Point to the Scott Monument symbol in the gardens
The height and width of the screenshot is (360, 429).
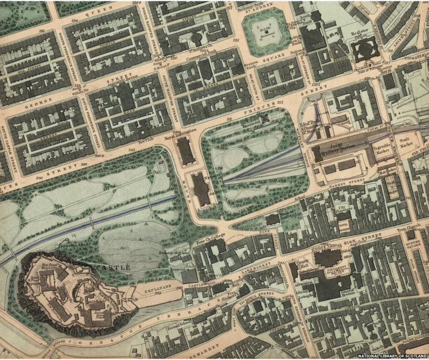pyautogui.click(x=262, y=119)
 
